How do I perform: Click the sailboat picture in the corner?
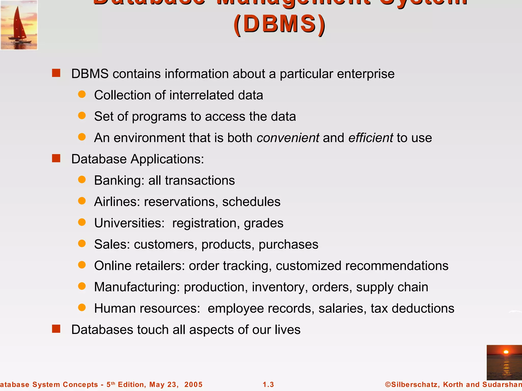(x=19, y=25)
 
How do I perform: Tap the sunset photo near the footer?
(x=504, y=362)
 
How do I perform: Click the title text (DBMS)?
(x=280, y=24)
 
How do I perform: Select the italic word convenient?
(x=288, y=138)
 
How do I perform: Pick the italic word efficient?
(x=371, y=138)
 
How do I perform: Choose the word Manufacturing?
(x=137, y=287)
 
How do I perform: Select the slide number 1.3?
(x=268, y=384)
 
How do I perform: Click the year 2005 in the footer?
(x=193, y=384)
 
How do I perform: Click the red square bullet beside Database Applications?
(x=56, y=158)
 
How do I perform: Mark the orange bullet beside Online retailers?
(x=82, y=265)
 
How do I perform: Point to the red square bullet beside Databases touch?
(x=56, y=329)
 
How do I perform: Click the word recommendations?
(x=397, y=266)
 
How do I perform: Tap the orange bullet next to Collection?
(x=82, y=94)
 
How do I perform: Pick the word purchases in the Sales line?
(x=288, y=245)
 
